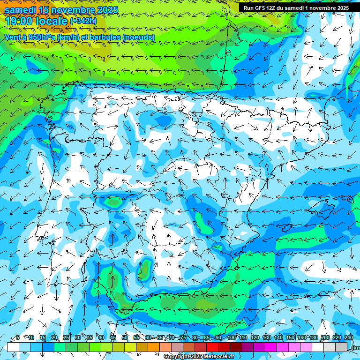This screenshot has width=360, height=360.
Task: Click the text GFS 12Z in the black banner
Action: tap(268, 8)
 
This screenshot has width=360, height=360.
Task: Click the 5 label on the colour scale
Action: tap(18, 337)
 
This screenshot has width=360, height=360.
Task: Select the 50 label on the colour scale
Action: tap(124, 337)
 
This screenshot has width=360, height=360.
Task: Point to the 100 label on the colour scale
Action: tap(231, 337)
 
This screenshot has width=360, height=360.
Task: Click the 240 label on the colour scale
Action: tap(349, 337)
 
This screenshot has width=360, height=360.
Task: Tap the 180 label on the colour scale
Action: tap(313, 337)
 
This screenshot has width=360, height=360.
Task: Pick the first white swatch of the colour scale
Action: tap(13, 347)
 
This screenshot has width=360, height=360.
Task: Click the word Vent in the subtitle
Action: tap(13, 37)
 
